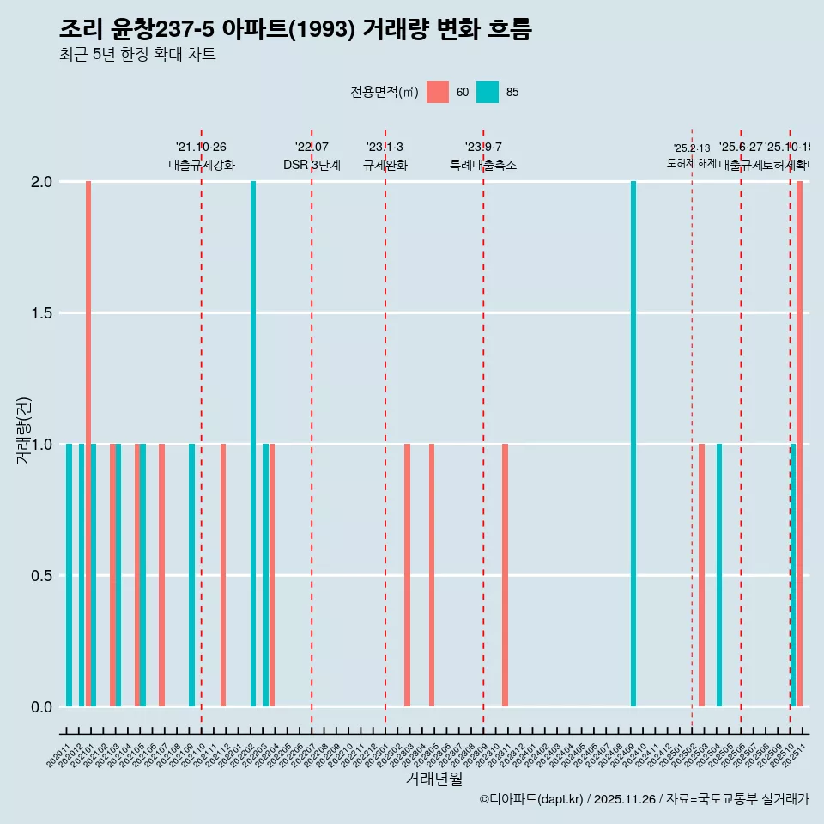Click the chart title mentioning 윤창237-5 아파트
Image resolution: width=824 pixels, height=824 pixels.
pos(295,29)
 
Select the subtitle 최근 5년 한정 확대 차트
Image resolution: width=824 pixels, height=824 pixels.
pos(137,55)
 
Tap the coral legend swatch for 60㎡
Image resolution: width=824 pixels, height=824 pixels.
pos(438,92)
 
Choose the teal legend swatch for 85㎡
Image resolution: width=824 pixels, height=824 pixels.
pos(488,92)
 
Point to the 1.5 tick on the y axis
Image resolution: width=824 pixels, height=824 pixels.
pos(40,313)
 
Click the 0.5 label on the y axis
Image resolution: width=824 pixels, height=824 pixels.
pos(40,576)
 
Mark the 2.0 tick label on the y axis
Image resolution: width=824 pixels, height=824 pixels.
pos(40,182)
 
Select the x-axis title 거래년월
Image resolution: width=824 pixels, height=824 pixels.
pos(433,779)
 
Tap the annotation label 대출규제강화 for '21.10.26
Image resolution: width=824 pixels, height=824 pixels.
pos(201,165)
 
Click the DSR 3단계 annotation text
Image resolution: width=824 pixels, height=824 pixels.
pos(312,165)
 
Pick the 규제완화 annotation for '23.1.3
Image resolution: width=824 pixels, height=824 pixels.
pos(385,165)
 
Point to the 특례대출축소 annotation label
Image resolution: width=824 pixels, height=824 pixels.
pos(483,165)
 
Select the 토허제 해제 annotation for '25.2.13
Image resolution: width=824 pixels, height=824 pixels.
pos(691,163)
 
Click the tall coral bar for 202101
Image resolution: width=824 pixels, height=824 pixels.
pos(88,444)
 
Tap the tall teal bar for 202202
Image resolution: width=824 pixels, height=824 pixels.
pos(253,444)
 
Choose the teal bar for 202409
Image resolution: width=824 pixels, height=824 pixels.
pos(633,444)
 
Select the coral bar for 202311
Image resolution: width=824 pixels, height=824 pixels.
pos(506,575)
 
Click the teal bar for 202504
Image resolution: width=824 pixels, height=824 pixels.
pos(719,575)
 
